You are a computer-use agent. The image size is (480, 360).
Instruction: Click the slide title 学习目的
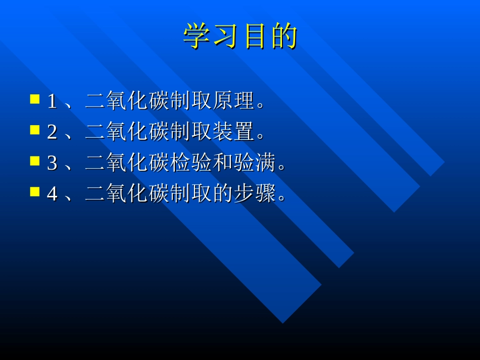[240, 36]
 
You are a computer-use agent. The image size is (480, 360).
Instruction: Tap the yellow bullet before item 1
[35, 98]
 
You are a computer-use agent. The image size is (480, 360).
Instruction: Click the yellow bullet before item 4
[35, 191]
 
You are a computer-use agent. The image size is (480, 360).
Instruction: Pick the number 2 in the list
[52, 133]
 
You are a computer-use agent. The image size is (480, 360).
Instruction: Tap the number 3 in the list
[52, 164]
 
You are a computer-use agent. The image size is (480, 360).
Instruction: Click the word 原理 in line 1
[234, 101]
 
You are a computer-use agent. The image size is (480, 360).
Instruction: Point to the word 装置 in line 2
[234, 132]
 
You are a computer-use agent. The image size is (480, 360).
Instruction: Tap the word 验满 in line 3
[256, 163]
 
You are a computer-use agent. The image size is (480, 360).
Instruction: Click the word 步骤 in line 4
[256, 194]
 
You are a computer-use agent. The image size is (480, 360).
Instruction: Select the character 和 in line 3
[223, 163]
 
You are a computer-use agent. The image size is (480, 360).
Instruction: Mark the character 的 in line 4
[223, 194]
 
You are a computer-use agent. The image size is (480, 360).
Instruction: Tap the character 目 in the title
[255, 36]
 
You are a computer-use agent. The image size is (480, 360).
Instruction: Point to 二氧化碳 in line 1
[127, 101]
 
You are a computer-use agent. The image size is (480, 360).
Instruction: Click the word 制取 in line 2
[191, 132]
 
